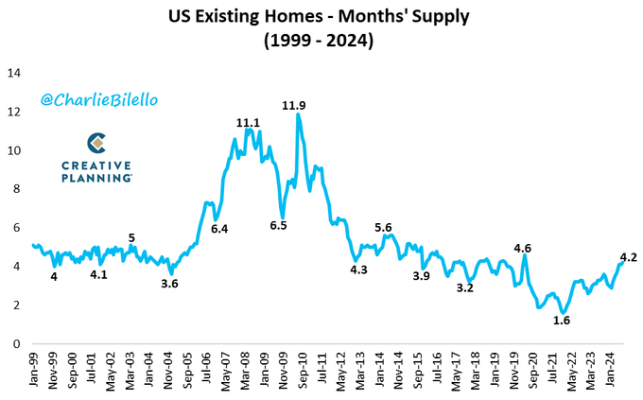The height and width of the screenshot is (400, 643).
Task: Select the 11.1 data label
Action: (248, 123)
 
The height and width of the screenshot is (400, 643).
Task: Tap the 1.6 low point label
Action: (561, 321)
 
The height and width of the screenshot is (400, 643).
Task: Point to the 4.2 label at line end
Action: (627, 256)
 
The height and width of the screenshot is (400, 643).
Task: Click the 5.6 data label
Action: (384, 228)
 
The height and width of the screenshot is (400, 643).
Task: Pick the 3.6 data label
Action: (170, 283)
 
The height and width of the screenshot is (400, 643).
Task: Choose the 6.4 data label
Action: (220, 229)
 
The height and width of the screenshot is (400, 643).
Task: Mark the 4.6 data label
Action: (522, 249)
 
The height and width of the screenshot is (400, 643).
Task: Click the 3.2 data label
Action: (464, 287)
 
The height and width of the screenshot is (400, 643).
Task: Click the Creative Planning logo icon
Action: (96, 144)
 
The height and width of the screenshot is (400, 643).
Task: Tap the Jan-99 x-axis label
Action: (36, 370)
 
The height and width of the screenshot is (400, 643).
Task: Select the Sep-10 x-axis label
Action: (304, 370)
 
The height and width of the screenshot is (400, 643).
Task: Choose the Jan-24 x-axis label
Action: (613, 370)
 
